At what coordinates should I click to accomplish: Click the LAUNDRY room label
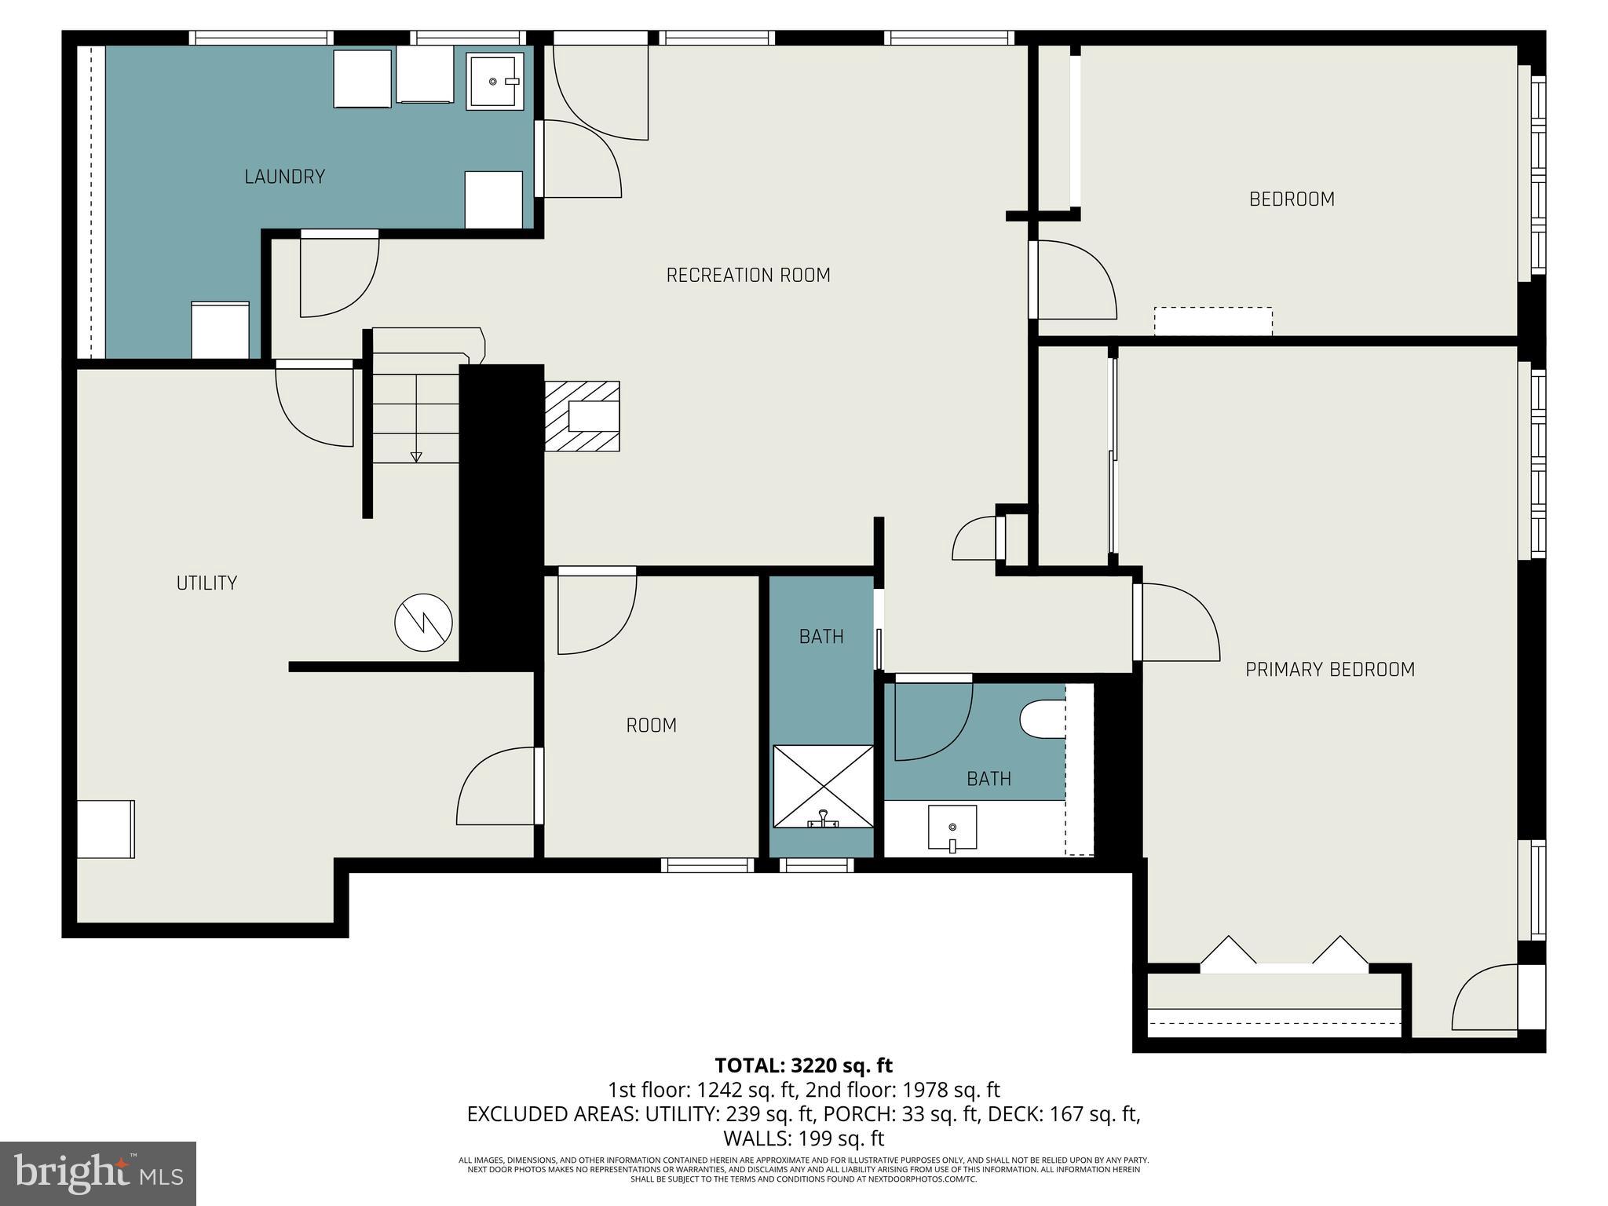click(284, 177)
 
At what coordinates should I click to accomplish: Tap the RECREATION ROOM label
click(748, 276)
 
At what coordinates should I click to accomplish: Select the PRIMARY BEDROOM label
click(1330, 670)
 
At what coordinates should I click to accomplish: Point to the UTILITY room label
click(206, 583)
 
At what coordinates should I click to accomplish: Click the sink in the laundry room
click(495, 81)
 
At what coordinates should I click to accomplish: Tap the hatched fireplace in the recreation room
click(582, 416)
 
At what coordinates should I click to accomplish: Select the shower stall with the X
click(823, 786)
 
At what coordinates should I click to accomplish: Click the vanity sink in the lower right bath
click(952, 828)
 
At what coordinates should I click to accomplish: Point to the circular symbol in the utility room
click(423, 623)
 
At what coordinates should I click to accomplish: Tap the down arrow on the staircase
click(416, 457)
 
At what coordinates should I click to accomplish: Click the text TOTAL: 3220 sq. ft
click(803, 1065)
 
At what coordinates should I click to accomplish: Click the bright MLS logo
click(98, 1174)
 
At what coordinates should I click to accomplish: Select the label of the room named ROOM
click(651, 725)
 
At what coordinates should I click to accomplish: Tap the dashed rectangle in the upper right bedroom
click(1213, 321)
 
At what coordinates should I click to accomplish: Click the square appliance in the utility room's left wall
click(106, 829)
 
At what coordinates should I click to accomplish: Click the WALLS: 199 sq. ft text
click(803, 1138)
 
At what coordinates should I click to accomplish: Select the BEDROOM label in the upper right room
click(1292, 199)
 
